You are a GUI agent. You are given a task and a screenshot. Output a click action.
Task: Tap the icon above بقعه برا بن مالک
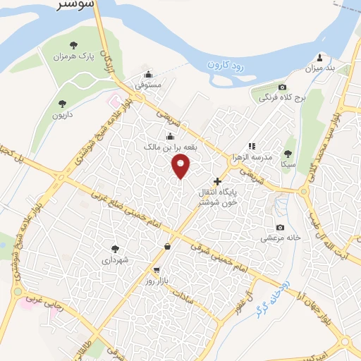(x=169, y=137)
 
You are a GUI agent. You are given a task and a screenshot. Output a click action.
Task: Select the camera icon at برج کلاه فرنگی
(x=283, y=87)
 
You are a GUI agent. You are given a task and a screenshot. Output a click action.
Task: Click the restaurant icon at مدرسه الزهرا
(x=251, y=146)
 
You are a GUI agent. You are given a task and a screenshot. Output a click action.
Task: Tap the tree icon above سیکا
(x=287, y=153)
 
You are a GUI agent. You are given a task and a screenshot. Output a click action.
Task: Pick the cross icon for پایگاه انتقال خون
(x=217, y=181)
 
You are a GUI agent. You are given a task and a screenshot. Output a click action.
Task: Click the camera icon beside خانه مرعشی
(x=281, y=227)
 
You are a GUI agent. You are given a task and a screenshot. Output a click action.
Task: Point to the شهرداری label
(x=115, y=260)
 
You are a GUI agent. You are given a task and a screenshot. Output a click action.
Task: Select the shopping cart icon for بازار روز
(x=156, y=270)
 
